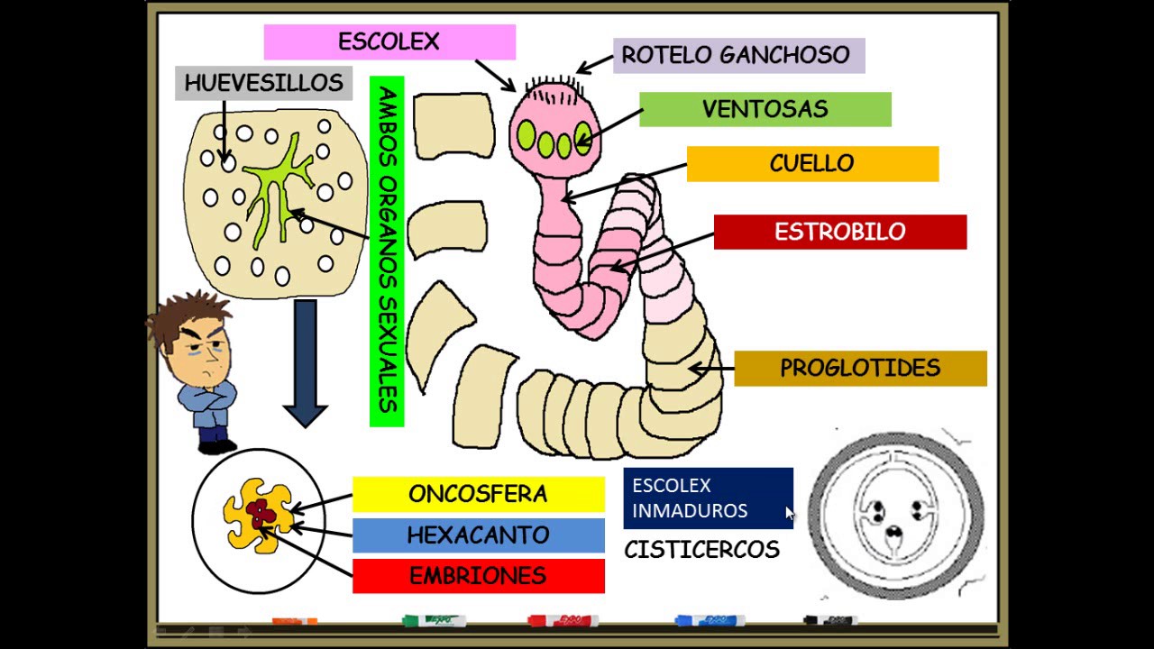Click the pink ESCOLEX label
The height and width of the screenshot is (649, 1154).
[389, 42]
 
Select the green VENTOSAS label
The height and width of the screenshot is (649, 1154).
[765, 109]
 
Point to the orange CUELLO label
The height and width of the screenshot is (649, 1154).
[812, 164]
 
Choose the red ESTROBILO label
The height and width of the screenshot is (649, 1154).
[840, 232]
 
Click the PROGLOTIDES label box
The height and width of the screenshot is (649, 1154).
[860, 369]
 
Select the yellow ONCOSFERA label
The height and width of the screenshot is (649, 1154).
[478, 494]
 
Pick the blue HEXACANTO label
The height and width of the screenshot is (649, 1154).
[478, 535]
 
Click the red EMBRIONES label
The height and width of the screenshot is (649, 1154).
[478, 576]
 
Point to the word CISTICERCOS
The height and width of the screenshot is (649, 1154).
[701, 550]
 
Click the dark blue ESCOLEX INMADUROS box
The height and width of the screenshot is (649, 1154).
[708, 498]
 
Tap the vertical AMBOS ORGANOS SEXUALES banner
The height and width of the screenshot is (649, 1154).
[387, 251]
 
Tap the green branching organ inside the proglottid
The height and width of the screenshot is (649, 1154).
[276, 189]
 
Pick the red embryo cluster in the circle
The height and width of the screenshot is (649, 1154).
[261, 514]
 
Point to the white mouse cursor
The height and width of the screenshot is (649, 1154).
[790, 514]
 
